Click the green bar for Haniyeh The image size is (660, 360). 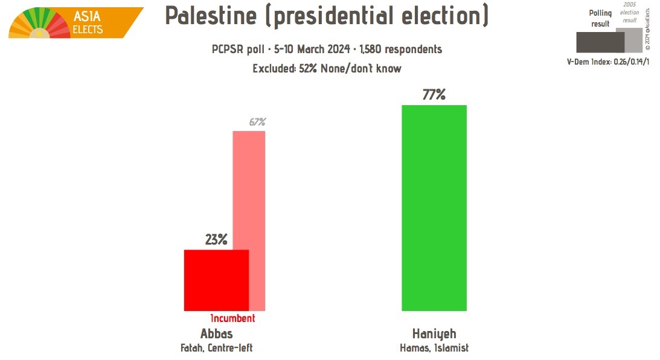[434, 208]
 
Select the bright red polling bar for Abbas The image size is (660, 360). [216, 280]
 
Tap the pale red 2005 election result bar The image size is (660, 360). [257, 187]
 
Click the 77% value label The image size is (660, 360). [434, 95]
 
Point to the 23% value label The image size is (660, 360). [216, 240]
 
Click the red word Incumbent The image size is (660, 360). [232, 318]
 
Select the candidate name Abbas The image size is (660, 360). [216, 333]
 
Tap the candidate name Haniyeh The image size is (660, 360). [434, 333]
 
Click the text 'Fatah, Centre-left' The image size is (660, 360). [216, 348]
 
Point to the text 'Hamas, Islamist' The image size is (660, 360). [434, 348]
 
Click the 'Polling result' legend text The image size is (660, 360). [600, 18]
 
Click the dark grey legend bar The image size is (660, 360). [599, 42]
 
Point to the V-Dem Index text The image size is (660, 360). [607, 62]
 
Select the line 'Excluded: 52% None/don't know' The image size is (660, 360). [327, 68]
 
